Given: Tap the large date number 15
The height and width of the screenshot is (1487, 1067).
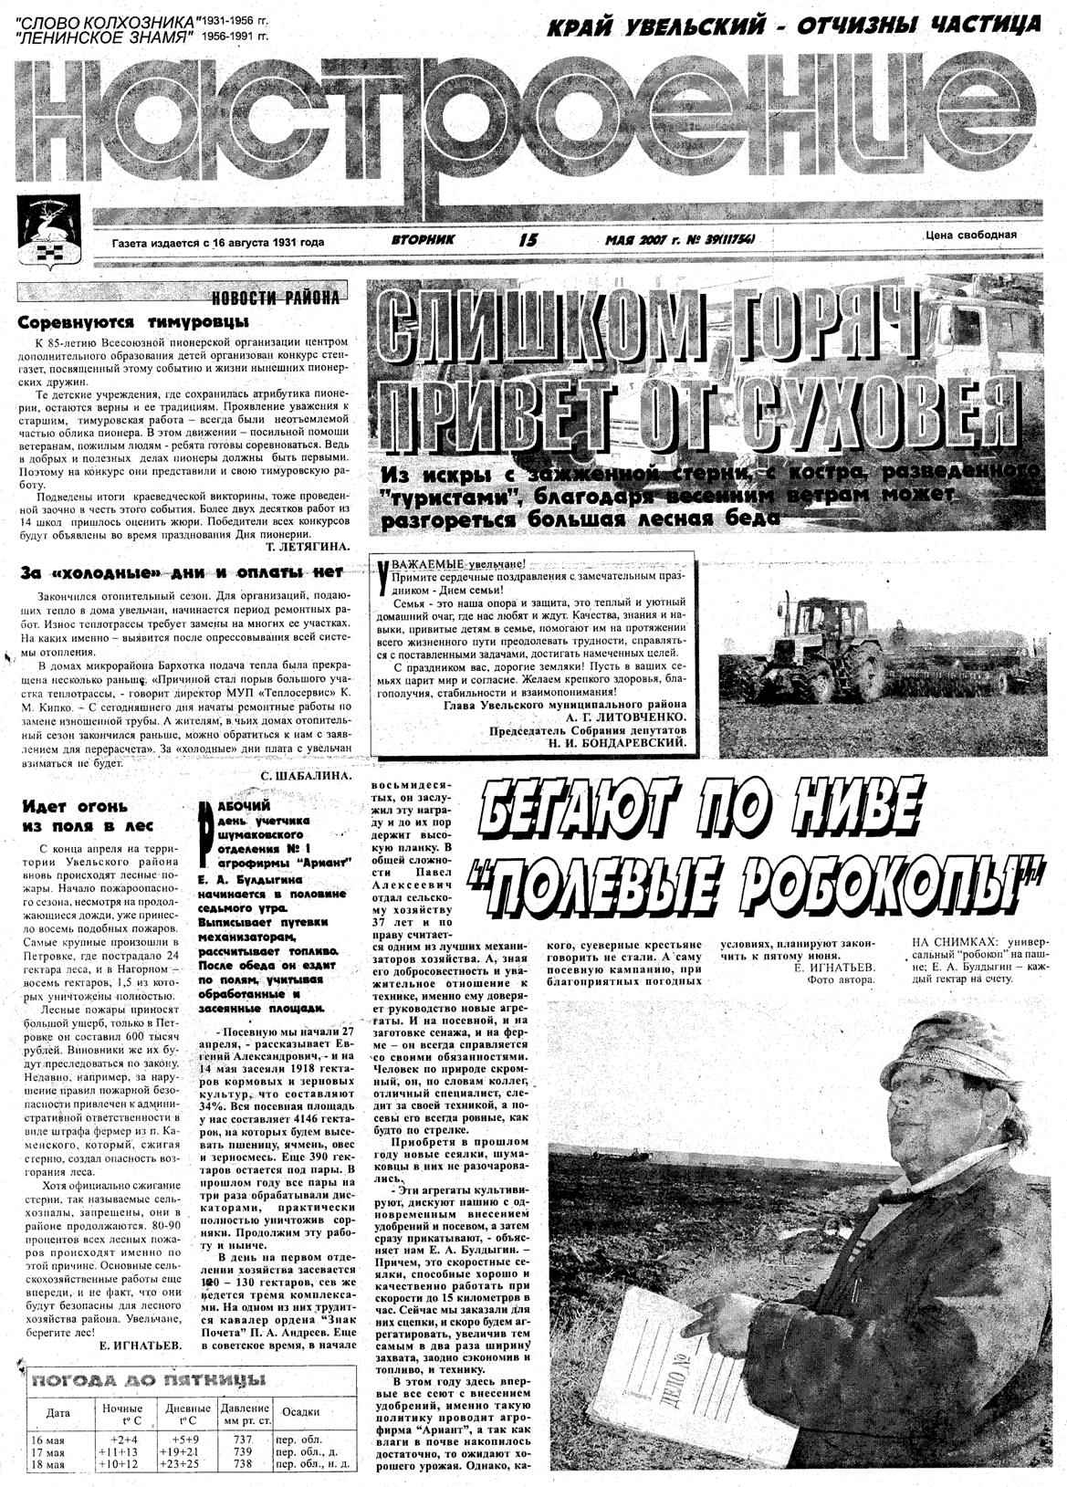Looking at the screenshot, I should tap(528, 241).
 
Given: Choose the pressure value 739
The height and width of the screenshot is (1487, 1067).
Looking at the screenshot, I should tap(243, 1450).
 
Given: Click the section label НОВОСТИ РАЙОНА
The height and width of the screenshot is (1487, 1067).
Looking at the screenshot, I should tap(274, 298).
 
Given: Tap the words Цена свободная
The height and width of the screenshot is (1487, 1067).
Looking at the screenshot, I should tap(970, 235).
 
